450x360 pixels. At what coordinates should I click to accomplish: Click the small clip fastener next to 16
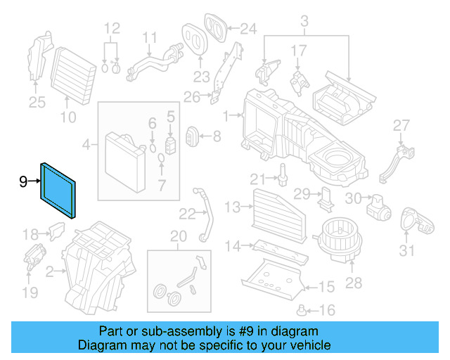click(303, 309)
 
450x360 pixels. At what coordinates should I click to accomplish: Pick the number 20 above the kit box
click(179, 235)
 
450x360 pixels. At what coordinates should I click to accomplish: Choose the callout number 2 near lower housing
click(49, 271)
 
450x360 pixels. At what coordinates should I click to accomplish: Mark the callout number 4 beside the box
click(86, 146)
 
